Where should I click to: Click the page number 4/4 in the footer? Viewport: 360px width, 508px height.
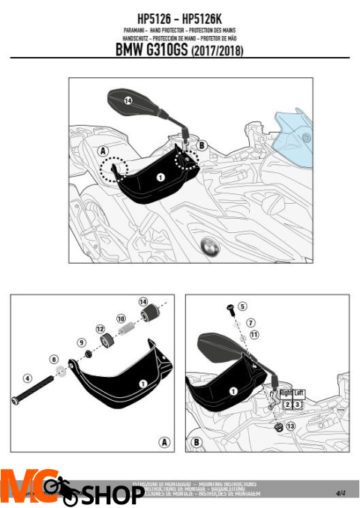click(340, 492)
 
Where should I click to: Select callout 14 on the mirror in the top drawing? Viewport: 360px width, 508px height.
click(127, 100)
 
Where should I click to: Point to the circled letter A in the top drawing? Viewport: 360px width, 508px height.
click(103, 150)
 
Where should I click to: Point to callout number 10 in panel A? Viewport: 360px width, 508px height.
click(121, 318)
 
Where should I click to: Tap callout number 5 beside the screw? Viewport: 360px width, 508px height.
click(242, 306)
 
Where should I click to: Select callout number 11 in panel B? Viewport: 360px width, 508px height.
click(253, 334)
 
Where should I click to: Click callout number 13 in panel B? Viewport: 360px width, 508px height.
click(291, 426)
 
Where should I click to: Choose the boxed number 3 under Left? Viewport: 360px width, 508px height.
click(297, 404)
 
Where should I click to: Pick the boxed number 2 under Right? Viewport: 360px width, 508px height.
click(286, 404)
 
